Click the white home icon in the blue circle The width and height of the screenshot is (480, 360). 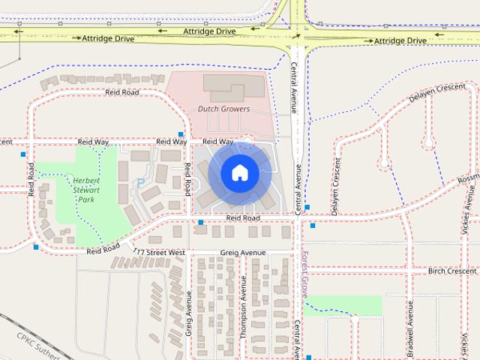click(239, 172)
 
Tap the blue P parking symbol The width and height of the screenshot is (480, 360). click(139, 183)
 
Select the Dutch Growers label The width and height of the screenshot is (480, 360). click(223, 109)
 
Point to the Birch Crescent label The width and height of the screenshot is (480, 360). click(452, 271)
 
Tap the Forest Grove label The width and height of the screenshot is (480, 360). click(305, 269)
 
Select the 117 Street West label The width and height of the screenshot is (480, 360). click(159, 253)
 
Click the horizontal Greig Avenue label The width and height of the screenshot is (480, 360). click(243, 253)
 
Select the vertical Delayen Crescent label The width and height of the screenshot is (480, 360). click(335, 186)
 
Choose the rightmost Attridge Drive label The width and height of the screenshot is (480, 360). click(400, 40)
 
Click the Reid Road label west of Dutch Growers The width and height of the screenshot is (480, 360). click(122, 92)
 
